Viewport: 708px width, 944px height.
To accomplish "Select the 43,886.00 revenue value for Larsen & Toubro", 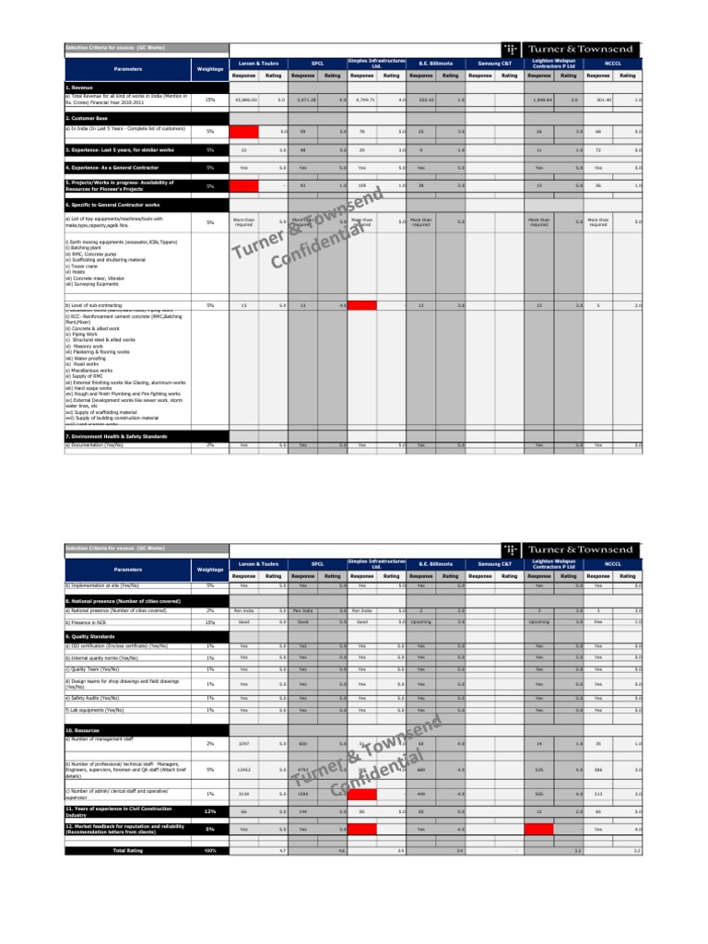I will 244,100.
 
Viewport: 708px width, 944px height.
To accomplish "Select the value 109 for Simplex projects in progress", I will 362,186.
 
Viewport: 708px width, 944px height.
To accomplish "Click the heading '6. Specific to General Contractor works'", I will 110,204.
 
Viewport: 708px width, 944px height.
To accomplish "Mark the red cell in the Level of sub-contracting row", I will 362,305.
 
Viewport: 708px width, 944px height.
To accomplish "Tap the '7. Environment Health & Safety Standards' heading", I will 116,435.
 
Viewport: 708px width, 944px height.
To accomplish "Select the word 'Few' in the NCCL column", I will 598,622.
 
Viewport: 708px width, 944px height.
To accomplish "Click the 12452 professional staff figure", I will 244,769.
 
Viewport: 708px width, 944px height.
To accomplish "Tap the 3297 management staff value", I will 244,743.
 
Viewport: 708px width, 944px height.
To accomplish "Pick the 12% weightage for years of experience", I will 209,810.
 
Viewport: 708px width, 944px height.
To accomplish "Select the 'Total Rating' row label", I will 127,850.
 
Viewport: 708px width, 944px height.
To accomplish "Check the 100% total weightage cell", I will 209,850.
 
